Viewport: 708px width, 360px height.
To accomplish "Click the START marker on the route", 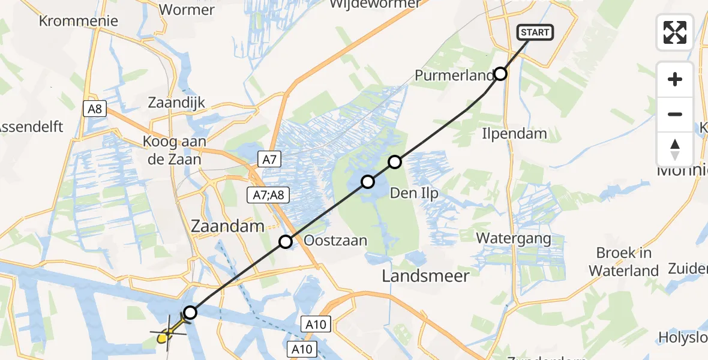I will (x=535, y=32).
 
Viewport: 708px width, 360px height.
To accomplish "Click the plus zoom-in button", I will (x=675, y=79).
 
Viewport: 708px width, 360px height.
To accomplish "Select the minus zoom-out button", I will (x=675, y=114).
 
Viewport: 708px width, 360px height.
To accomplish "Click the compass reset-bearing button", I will (x=675, y=149).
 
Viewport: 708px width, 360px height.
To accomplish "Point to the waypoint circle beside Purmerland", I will (x=500, y=74).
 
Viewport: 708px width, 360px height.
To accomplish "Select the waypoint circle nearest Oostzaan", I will (x=286, y=242).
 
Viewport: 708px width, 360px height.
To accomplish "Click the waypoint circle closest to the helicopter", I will (x=190, y=312).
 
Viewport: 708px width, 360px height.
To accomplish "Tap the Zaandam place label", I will (x=227, y=226).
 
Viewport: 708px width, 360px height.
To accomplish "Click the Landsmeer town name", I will (x=426, y=275).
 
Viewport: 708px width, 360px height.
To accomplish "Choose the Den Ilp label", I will (x=414, y=193).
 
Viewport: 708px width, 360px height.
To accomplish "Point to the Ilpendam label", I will (x=514, y=133).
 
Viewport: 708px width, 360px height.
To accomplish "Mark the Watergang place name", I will (x=514, y=238).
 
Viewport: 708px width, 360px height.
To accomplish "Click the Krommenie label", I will (x=78, y=21).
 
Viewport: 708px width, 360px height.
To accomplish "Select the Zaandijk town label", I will (x=177, y=103).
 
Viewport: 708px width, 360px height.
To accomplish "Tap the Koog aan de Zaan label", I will (x=172, y=151).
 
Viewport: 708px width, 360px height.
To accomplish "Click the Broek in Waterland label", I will (x=624, y=262).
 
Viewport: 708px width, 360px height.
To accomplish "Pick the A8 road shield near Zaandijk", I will (x=94, y=109).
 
